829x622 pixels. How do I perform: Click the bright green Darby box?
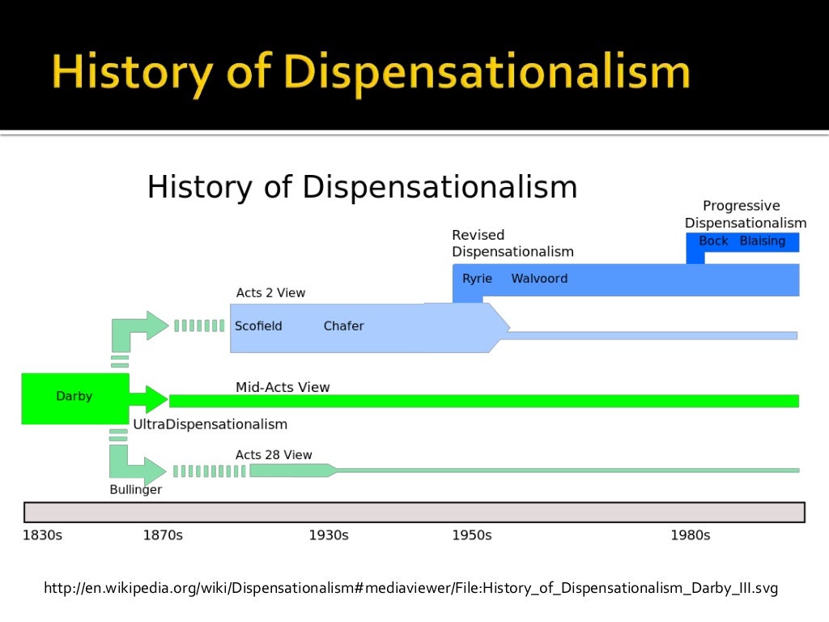click(74, 397)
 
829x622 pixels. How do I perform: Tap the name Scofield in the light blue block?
click(258, 326)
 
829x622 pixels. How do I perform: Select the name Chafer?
click(343, 326)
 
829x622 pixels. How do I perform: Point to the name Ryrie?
click(477, 279)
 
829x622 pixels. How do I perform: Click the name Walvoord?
click(539, 279)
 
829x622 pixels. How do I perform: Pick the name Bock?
click(713, 241)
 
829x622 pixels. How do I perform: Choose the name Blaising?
click(763, 241)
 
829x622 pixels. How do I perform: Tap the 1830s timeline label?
click(43, 535)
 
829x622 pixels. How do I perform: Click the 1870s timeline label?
click(163, 535)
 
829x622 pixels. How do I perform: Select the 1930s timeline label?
click(329, 535)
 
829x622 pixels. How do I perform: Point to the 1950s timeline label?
click(472, 535)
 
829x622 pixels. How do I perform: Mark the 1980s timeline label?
click(691, 535)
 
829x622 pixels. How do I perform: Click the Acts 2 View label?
click(270, 292)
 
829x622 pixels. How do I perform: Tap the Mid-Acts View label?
click(283, 387)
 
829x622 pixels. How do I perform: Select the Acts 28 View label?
click(274, 455)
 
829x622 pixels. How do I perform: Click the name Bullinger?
click(136, 489)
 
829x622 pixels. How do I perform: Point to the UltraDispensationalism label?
click(210, 424)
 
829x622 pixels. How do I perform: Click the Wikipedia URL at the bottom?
click(410, 589)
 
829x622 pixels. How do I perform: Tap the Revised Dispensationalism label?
click(512, 243)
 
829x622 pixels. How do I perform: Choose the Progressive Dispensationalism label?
click(745, 215)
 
